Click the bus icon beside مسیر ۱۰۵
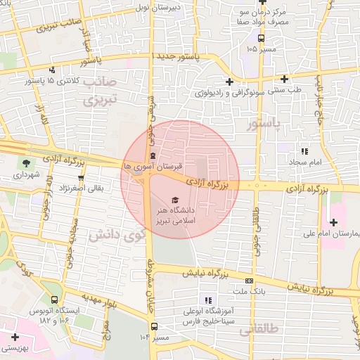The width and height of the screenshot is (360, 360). point(261,39)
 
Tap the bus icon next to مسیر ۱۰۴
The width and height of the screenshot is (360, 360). point(154,327)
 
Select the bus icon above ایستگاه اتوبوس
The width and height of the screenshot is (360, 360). point(54,299)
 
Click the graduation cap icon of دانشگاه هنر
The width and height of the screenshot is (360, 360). point(174,201)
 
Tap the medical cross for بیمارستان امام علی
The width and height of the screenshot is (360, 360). point(333,222)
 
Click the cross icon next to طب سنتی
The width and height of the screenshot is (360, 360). point(284,79)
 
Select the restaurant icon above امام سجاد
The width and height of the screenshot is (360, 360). point(304,151)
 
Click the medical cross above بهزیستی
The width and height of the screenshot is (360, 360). point(14,337)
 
